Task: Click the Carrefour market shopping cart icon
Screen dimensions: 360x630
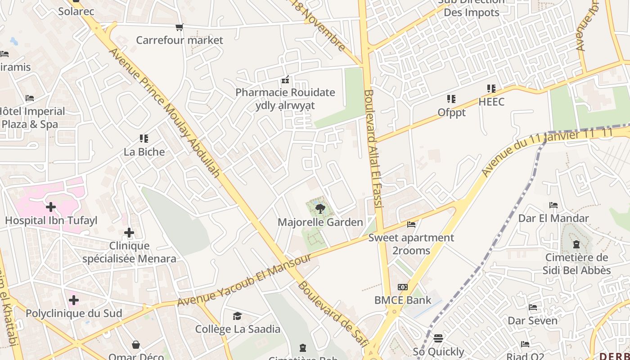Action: click(180, 27)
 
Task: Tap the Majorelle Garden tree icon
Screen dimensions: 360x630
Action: click(320, 208)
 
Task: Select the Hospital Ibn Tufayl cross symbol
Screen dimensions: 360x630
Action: click(51, 207)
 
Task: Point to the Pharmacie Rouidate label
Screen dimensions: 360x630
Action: click(285, 93)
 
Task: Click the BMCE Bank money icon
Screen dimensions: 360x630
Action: click(403, 287)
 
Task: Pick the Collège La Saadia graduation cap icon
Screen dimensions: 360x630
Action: click(237, 316)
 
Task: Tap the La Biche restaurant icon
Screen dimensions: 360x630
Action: click(144, 139)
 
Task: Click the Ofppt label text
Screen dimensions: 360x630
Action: click(451, 112)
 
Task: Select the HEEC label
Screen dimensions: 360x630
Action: click(491, 102)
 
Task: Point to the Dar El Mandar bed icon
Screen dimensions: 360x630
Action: click(553, 205)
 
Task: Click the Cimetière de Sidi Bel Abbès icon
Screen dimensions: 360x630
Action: click(576, 245)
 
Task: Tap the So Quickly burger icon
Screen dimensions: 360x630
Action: click(438, 338)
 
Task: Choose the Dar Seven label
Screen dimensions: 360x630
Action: click(532, 321)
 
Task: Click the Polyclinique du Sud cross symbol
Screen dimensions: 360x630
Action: click(74, 300)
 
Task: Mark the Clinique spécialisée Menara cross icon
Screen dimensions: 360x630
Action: click(129, 233)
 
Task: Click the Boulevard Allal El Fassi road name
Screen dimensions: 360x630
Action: click(373, 148)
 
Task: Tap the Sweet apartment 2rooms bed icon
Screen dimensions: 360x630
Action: click(411, 224)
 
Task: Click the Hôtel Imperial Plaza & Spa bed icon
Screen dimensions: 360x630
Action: click(30, 98)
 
